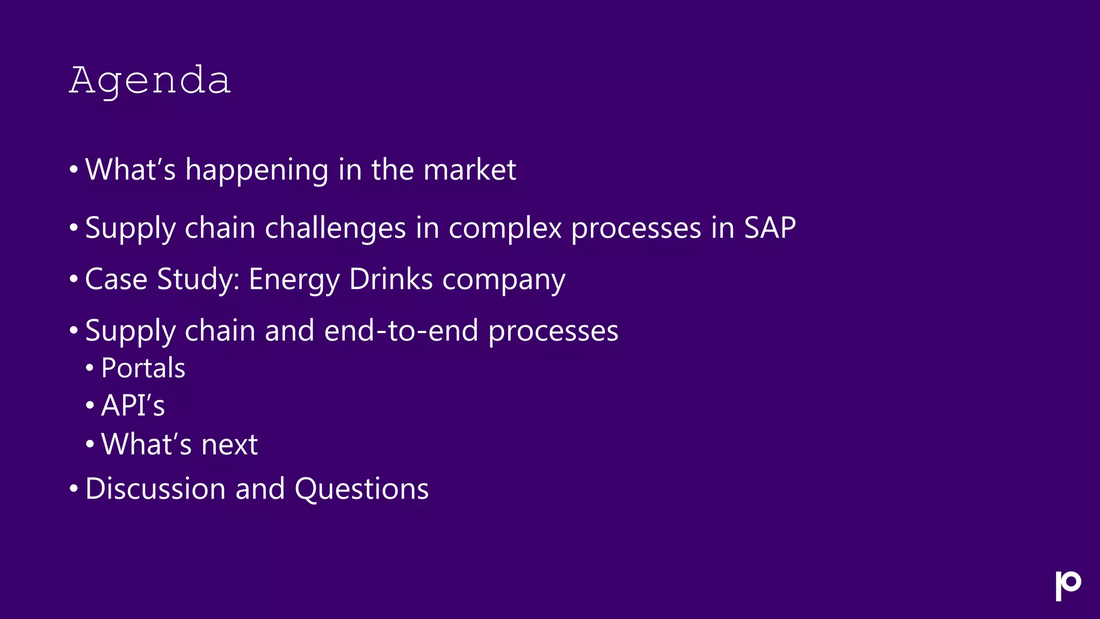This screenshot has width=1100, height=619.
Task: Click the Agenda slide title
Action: pos(150,81)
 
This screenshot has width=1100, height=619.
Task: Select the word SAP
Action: pos(770,228)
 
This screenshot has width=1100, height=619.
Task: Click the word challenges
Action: pos(335,228)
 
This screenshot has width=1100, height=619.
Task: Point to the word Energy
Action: pos(294,280)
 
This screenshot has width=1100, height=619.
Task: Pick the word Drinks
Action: pos(391,279)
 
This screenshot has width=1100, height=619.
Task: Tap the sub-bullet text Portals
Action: pos(143,368)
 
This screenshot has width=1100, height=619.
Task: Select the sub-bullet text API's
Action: pos(133,406)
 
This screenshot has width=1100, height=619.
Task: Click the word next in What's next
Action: pos(229,445)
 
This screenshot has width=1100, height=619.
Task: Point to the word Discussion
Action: pos(155,489)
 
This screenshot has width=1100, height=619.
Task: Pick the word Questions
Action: pos(361,489)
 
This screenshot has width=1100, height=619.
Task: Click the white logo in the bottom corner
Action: pos(1068,586)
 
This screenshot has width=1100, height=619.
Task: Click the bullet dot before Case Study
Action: pos(74,279)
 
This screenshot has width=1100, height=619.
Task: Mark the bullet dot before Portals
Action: pos(90,369)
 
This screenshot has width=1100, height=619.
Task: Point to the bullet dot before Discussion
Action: pos(74,489)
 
